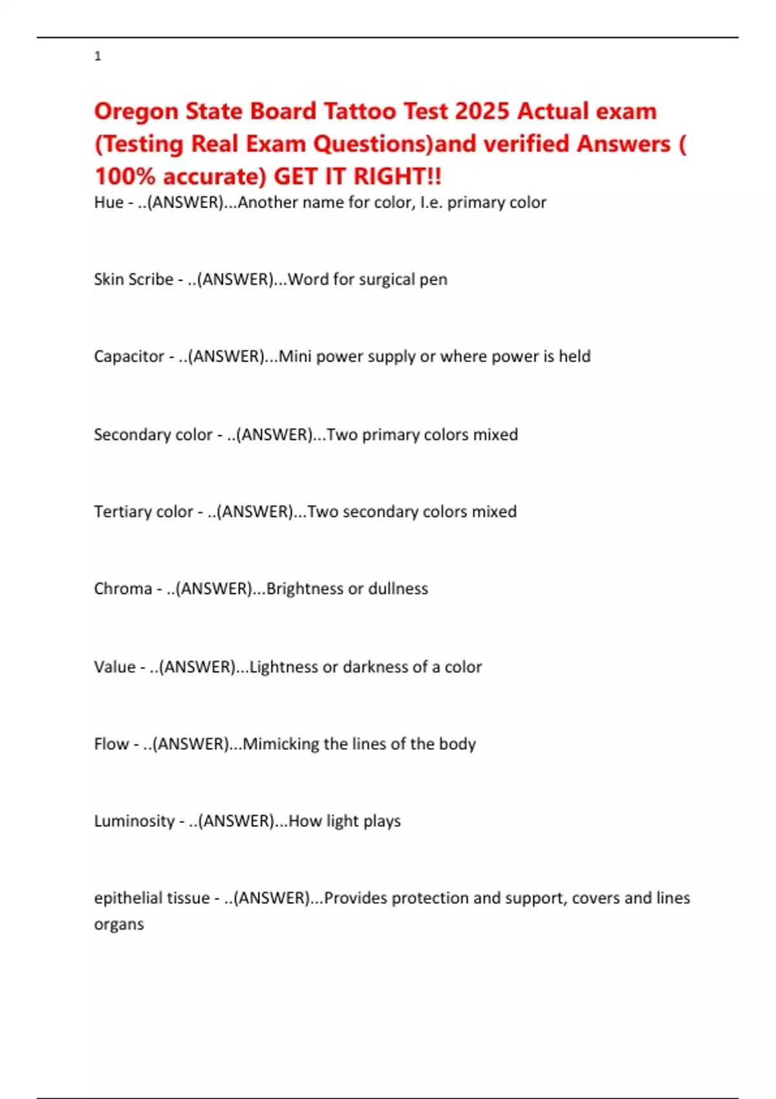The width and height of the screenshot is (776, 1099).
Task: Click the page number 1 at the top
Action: click(98, 56)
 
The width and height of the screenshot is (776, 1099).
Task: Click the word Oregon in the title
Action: click(136, 112)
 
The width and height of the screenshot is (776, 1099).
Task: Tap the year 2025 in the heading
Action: click(482, 111)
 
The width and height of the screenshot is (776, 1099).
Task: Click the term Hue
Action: click(109, 202)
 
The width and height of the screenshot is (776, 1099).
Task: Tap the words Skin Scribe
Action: click(133, 279)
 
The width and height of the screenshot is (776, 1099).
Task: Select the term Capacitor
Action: click(129, 356)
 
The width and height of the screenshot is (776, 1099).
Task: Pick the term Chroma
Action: click(123, 588)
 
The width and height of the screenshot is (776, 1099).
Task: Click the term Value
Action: click(114, 667)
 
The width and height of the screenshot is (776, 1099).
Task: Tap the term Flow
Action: click(111, 743)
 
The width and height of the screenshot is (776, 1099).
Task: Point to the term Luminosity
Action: click(134, 821)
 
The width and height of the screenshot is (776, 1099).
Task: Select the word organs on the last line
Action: click(119, 924)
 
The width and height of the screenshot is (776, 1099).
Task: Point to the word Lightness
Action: click(283, 667)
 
